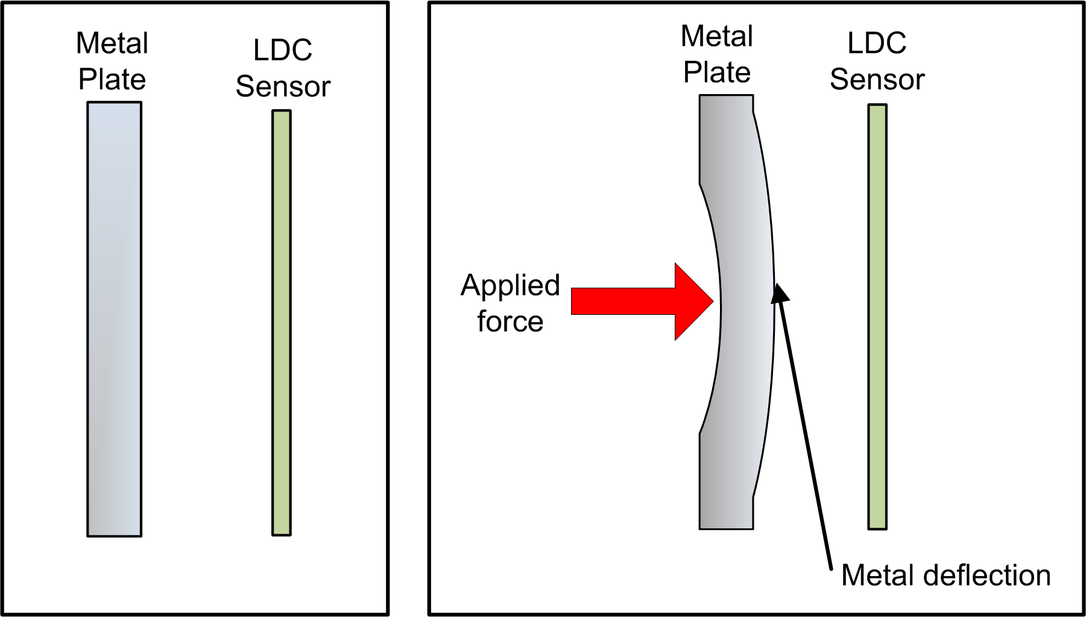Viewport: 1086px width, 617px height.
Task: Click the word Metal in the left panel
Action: [x=112, y=43]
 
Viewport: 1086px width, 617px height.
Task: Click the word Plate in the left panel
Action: [x=112, y=80]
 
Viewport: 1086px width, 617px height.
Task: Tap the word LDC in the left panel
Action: [x=283, y=50]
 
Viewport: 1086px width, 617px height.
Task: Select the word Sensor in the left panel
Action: [x=283, y=87]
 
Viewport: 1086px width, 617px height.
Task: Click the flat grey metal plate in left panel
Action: [x=115, y=320]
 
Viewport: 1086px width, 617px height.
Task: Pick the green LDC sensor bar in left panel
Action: [x=282, y=323]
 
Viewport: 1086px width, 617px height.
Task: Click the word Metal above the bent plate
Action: [x=717, y=36]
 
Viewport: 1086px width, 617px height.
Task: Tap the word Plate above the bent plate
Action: [x=717, y=73]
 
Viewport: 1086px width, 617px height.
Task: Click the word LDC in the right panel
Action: [x=877, y=43]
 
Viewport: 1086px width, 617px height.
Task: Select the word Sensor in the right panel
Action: [x=877, y=80]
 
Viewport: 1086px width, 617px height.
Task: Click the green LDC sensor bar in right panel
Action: [x=877, y=317]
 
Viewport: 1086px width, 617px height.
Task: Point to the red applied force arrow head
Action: [x=693, y=302]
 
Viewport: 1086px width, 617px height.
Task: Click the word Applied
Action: [x=510, y=285]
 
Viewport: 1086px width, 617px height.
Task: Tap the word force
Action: [x=510, y=321]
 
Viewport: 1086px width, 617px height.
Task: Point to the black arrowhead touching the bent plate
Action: [x=780, y=293]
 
